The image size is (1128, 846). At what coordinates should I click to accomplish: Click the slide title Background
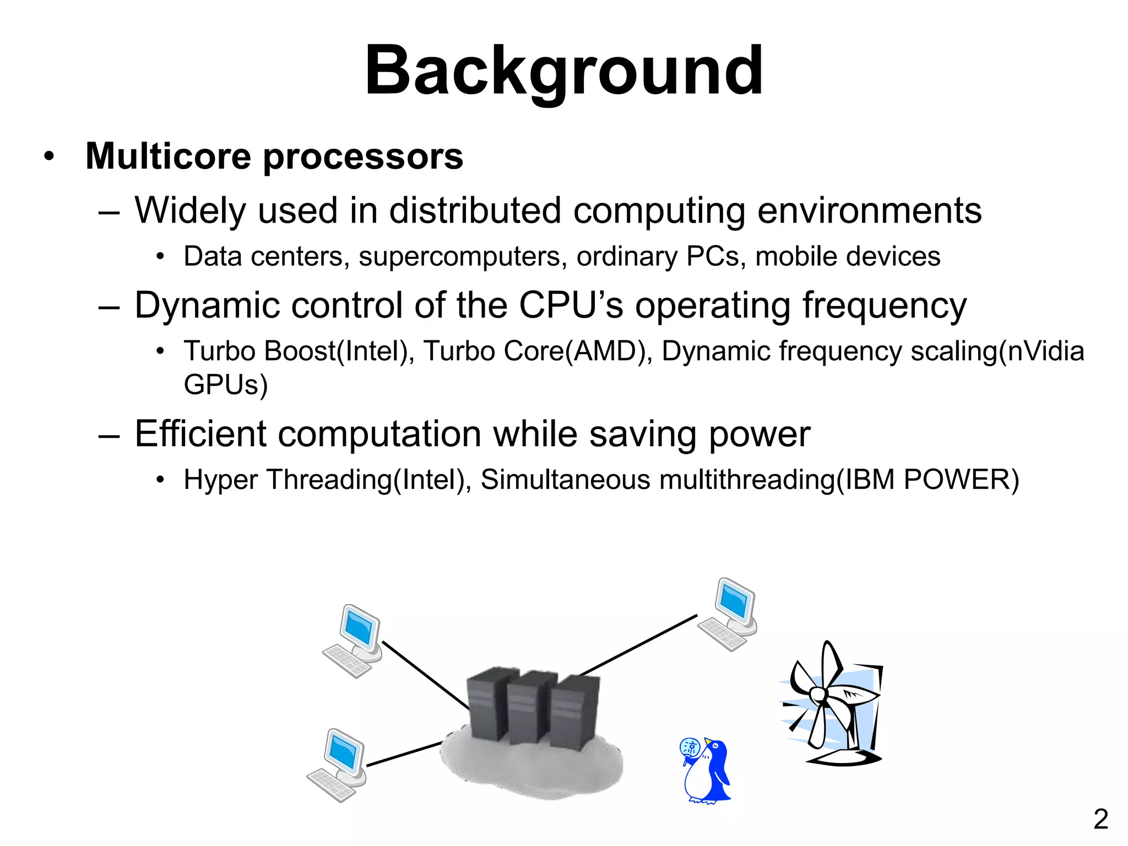563,72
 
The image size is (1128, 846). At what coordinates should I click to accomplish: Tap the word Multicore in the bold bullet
168,156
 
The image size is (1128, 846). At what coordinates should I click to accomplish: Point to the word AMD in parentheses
605,351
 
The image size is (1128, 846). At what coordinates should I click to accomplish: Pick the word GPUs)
225,384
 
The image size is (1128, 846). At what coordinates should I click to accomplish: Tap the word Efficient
200,434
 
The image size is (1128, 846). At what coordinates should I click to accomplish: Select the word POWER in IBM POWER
956,480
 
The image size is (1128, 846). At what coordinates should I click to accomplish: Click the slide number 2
1100,820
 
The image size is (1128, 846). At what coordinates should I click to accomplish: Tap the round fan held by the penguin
690,748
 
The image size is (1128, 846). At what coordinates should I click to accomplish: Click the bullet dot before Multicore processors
50,156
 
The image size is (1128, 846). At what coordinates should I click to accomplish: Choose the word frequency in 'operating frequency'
884,306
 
